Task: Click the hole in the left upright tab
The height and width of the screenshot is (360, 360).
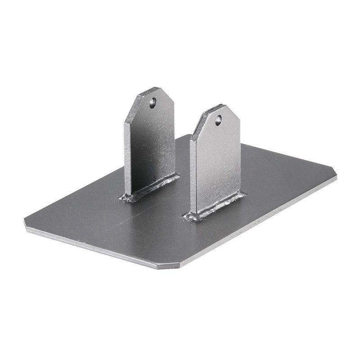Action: pos(153,102)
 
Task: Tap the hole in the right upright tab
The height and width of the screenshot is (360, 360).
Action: pos(218,120)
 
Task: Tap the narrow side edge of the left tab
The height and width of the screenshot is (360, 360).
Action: pos(128,157)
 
